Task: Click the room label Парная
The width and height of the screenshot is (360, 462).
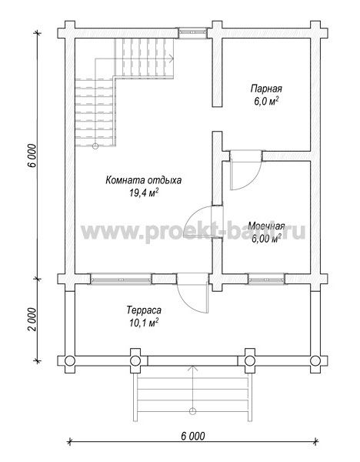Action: coord(266,89)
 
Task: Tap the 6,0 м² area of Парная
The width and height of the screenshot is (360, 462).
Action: coord(266,102)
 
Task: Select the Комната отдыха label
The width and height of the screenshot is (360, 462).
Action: coord(143,180)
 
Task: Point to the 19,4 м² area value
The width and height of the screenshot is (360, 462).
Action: coord(143,192)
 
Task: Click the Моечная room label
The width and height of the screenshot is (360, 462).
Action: coord(266,226)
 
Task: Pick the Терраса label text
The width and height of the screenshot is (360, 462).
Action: coord(144,310)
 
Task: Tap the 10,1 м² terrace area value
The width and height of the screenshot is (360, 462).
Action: coord(144,323)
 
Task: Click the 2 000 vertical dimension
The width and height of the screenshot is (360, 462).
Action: coord(32,320)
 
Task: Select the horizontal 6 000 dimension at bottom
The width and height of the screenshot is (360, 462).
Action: coord(193,436)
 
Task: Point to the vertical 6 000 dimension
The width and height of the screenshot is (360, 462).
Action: coord(32,156)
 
